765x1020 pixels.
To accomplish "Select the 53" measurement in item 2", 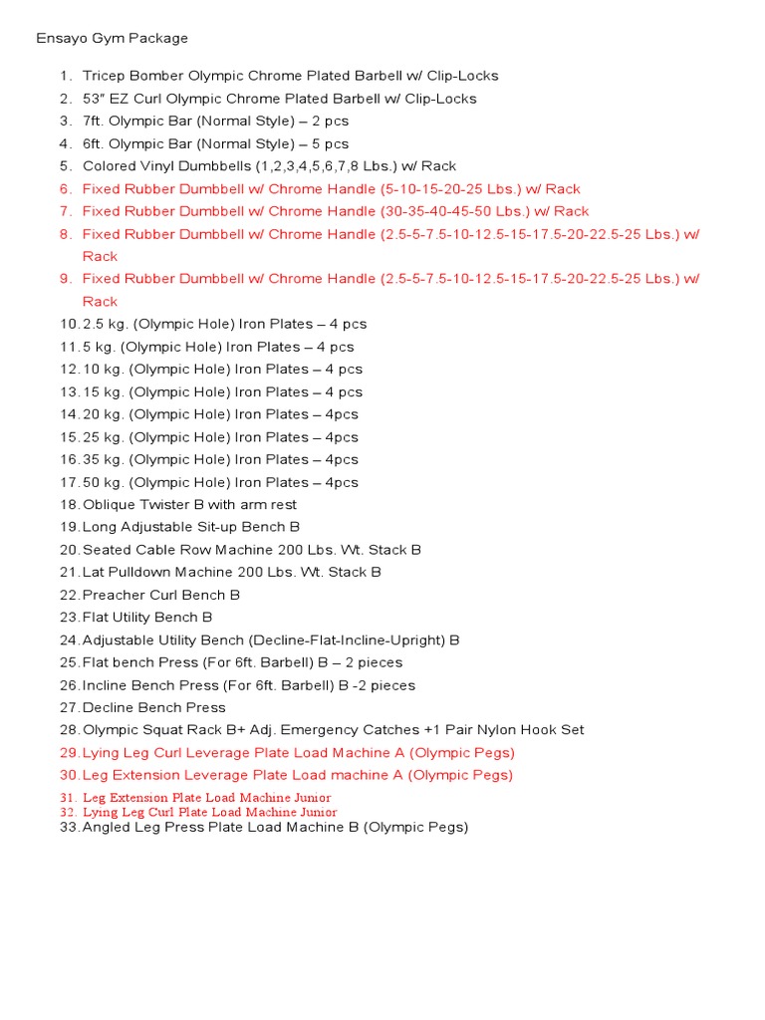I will (96, 99).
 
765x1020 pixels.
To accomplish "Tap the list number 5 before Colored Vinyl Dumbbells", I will (65, 166).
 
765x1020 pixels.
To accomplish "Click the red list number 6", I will (65, 189).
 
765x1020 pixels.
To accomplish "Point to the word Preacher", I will (113, 595).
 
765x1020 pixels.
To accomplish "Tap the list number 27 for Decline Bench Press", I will (69, 708).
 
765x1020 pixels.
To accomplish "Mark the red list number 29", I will (69, 753).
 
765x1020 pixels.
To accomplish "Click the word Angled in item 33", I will (107, 827).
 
